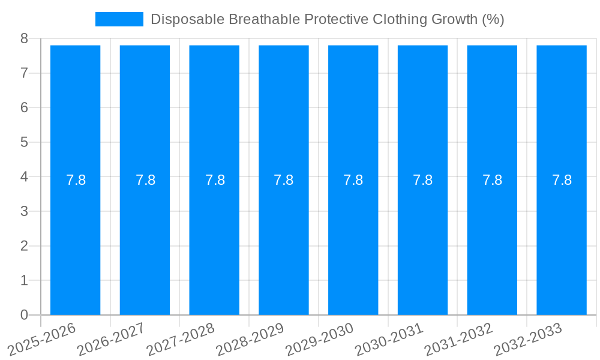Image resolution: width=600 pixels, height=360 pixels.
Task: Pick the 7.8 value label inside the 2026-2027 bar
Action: (145, 180)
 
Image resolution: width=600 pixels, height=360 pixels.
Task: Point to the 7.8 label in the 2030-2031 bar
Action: (423, 180)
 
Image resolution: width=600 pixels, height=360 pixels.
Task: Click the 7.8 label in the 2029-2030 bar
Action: (353, 180)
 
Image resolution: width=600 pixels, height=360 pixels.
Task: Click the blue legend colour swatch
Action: (119, 19)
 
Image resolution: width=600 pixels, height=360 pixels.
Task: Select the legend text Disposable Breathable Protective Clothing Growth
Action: (327, 19)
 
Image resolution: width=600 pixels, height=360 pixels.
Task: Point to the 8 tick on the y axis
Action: (24, 39)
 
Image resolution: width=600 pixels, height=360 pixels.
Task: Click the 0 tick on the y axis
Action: (24, 315)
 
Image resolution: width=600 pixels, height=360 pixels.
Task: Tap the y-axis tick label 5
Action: (24, 143)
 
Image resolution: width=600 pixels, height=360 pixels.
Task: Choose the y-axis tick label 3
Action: (24, 212)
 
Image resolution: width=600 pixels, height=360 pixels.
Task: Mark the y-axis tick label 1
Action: (24, 281)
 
